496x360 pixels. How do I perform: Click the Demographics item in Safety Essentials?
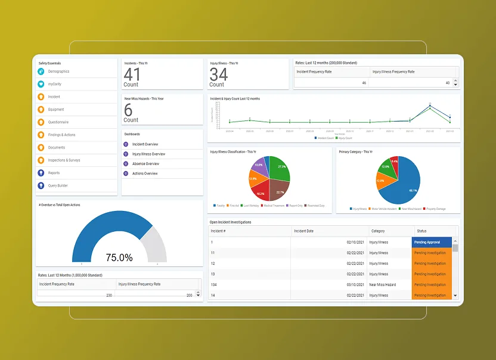tap(58, 72)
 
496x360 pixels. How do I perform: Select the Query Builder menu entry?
tap(58, 185)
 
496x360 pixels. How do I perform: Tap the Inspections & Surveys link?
tap(64, 160)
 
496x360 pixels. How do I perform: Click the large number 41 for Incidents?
tap(132, 74)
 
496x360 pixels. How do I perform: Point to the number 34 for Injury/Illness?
tap(218, 74)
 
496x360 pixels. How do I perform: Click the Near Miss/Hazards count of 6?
tap(128, 110)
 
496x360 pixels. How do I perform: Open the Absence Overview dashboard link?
tap(145, 164)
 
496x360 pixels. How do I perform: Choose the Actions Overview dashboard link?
tap(145, 173)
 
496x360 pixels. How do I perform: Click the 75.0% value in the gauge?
tap(119, 257)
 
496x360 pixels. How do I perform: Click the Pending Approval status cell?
tap(432, 243)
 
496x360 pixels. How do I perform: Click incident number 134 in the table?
tap(213, 285)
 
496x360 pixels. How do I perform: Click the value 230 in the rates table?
tap(109, 295)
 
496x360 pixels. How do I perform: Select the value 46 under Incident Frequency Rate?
tap(364, 83)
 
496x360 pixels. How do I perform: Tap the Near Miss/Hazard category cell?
tap(382, 285)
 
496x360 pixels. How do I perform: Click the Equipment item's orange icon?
tap(41, 110)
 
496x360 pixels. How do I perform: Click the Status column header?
tap(421, 231)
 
